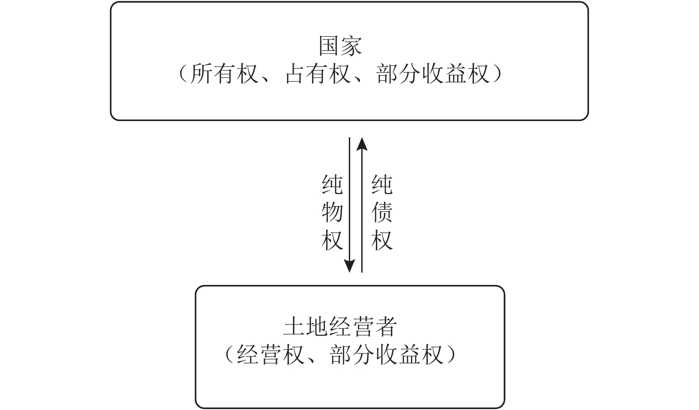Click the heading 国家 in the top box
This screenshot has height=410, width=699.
click(340, 46)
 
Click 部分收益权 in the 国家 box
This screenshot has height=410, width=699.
click(433, 74)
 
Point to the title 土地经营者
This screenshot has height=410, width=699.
click(340, 327)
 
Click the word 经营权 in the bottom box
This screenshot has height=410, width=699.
click(271, 355)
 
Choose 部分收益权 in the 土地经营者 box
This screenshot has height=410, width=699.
click(386, 355)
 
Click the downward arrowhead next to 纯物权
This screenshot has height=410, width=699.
click(350, 267)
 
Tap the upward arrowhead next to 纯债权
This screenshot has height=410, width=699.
click(362, 144)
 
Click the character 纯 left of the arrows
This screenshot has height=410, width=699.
click(332, 185)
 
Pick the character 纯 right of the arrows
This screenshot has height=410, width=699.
click(382, 185)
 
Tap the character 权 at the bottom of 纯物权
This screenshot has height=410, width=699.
click(332, 240)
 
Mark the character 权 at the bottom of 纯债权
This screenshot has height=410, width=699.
click(382, 240)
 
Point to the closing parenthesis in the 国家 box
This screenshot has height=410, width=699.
click(497, 74)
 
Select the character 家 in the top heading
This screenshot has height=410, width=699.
click(351, 46)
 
